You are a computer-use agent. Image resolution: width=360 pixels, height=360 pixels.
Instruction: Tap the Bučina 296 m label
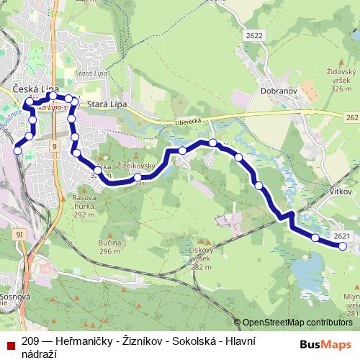(x=109, y=247)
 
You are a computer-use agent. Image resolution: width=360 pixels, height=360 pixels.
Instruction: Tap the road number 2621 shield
(x=342, y=236)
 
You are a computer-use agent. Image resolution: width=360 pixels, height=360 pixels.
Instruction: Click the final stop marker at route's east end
(x=343, y=246)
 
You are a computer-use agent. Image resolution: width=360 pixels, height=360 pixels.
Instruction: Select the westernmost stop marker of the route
(x=18, y=150)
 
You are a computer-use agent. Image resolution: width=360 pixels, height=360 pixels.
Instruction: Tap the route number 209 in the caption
(x=30, y=341)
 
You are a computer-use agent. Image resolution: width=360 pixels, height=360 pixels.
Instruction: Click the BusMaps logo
(x=326, y=343)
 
